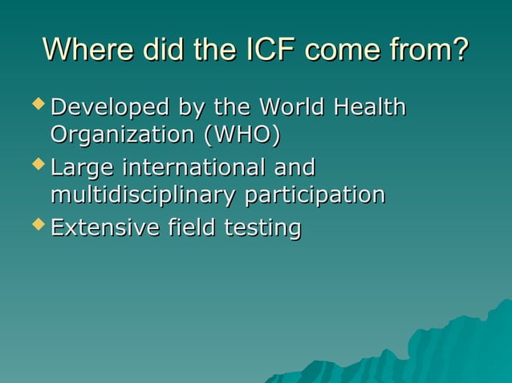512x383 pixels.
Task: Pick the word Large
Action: (x=82, y=169)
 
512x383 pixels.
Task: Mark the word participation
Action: (x=315, y=196)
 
